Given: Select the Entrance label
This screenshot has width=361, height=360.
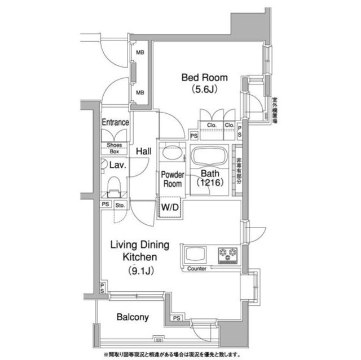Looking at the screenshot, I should coord(115,122).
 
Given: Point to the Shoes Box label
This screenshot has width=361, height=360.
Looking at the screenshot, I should coord(115,148).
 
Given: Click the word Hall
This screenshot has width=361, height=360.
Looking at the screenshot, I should coord(143,151).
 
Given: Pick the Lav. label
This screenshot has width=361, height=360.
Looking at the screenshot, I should coord(117,165).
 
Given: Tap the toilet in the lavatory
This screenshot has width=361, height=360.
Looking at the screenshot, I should coord(115,186).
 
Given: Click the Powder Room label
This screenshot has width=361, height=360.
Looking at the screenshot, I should coord(172,180).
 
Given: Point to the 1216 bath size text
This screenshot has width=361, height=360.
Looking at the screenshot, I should coord(208,183).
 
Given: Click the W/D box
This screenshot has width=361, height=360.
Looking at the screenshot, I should coord(170,206).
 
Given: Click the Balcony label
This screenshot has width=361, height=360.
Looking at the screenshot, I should coord(133,317).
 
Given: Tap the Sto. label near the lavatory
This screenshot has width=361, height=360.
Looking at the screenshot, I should coord(120,206).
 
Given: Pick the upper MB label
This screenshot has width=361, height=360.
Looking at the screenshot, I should coord(139,53).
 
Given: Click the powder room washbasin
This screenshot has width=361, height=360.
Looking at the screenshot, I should coord(170,154).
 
